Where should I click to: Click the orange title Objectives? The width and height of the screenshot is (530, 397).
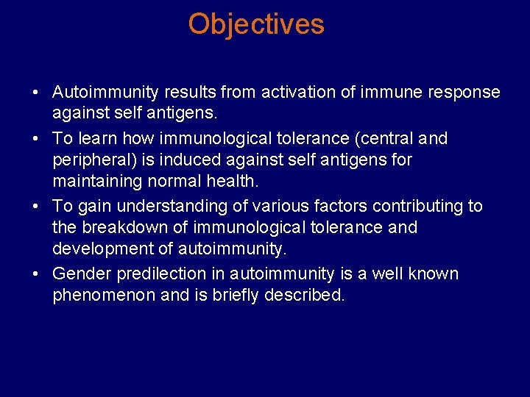(255, 24)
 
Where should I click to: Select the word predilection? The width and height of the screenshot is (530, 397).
(169, 273)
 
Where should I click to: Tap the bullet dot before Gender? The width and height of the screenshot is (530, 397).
(35, 274)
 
